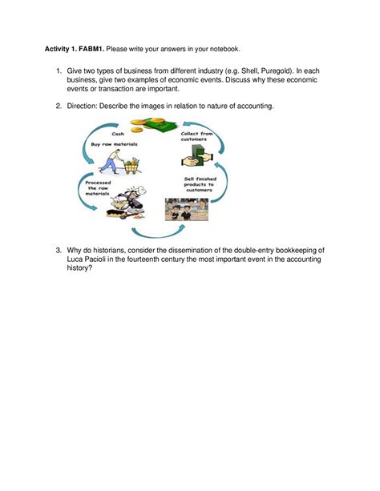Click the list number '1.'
pyautogui.click(x=59, y=72)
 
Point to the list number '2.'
pyautogui.click(x=59, y=105)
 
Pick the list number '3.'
pyautogui.click(x=59, y=251)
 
